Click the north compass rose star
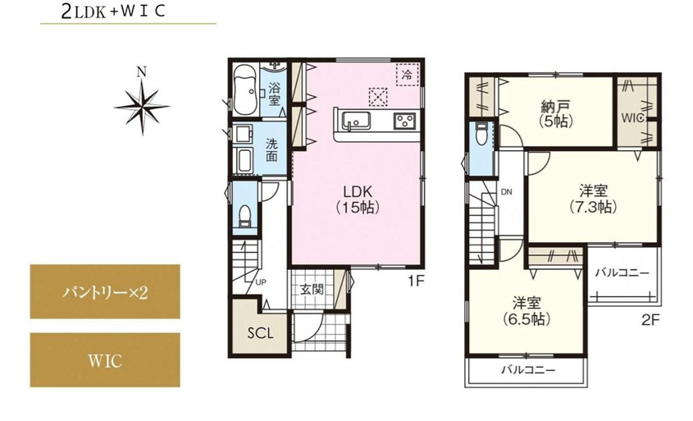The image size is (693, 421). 142,107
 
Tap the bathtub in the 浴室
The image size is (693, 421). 245,90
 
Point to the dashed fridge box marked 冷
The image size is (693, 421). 407,75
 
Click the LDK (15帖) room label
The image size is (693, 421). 358,199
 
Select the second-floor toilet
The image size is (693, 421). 481,134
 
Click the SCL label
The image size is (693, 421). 260,333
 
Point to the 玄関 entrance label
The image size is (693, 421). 312,290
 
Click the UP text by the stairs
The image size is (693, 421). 261,281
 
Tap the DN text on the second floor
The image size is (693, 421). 507,192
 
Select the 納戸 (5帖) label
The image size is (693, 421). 556,113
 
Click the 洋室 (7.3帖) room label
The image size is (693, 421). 594,199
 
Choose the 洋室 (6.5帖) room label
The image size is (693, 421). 527,311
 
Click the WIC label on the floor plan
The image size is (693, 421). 632,118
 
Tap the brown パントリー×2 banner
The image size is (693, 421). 105,291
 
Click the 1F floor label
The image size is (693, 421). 416,281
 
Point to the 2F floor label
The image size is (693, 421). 650,319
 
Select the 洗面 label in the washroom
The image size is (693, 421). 271,150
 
